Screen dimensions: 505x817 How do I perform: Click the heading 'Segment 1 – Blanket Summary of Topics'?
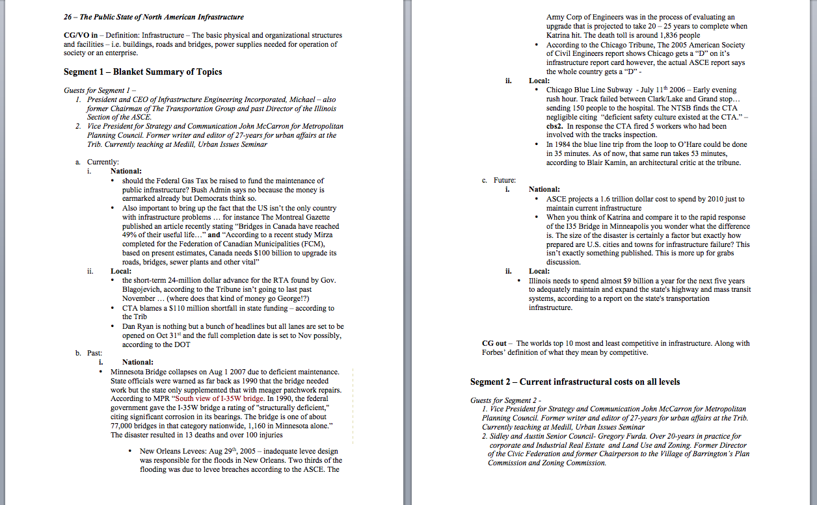coord(142,71)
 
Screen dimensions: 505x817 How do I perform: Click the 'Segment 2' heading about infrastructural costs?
coord(575,382)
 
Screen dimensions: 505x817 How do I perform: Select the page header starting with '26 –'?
coord(154,16)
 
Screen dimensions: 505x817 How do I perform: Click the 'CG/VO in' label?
coord(81,35)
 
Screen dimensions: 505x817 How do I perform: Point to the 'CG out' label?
coord(494,343)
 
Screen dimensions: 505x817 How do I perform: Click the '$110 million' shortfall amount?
coord(168,308)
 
